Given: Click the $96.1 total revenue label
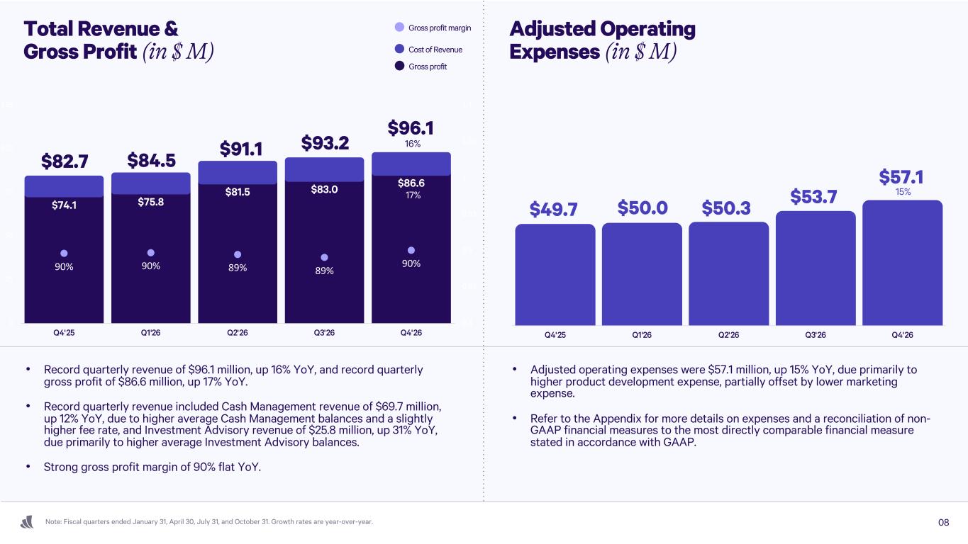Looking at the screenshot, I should [x=411, y=128].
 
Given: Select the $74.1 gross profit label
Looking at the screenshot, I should [x=64, y=205].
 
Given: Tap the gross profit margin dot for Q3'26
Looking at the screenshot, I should [x=324, y=257].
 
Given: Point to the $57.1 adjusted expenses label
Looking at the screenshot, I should [x=902, y=176].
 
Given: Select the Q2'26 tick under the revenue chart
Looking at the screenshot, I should [x=238, y=334].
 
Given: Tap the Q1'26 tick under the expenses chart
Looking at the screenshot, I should [x=641, y=334].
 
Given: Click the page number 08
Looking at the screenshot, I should [x=943, y=523].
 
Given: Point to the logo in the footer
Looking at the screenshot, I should [x=28, y=523].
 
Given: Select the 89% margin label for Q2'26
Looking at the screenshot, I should [x=238, y=268].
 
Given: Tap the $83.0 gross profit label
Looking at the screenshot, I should [x=324, y=189].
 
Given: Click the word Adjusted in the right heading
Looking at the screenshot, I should [x=553, y=30].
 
